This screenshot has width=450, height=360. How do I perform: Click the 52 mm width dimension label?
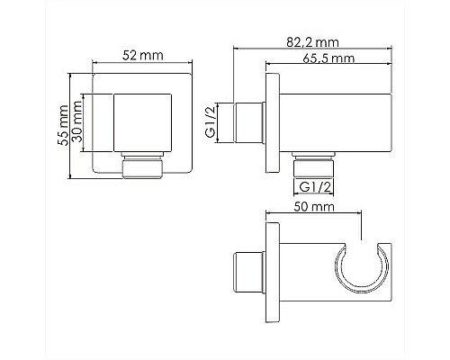point(143,56)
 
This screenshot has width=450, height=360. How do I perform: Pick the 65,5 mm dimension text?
point(327,58)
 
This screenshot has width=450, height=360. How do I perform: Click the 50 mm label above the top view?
point(311,206)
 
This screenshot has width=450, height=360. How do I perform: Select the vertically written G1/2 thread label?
point(209,121)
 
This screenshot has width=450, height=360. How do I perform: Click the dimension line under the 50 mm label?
point(315,216)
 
